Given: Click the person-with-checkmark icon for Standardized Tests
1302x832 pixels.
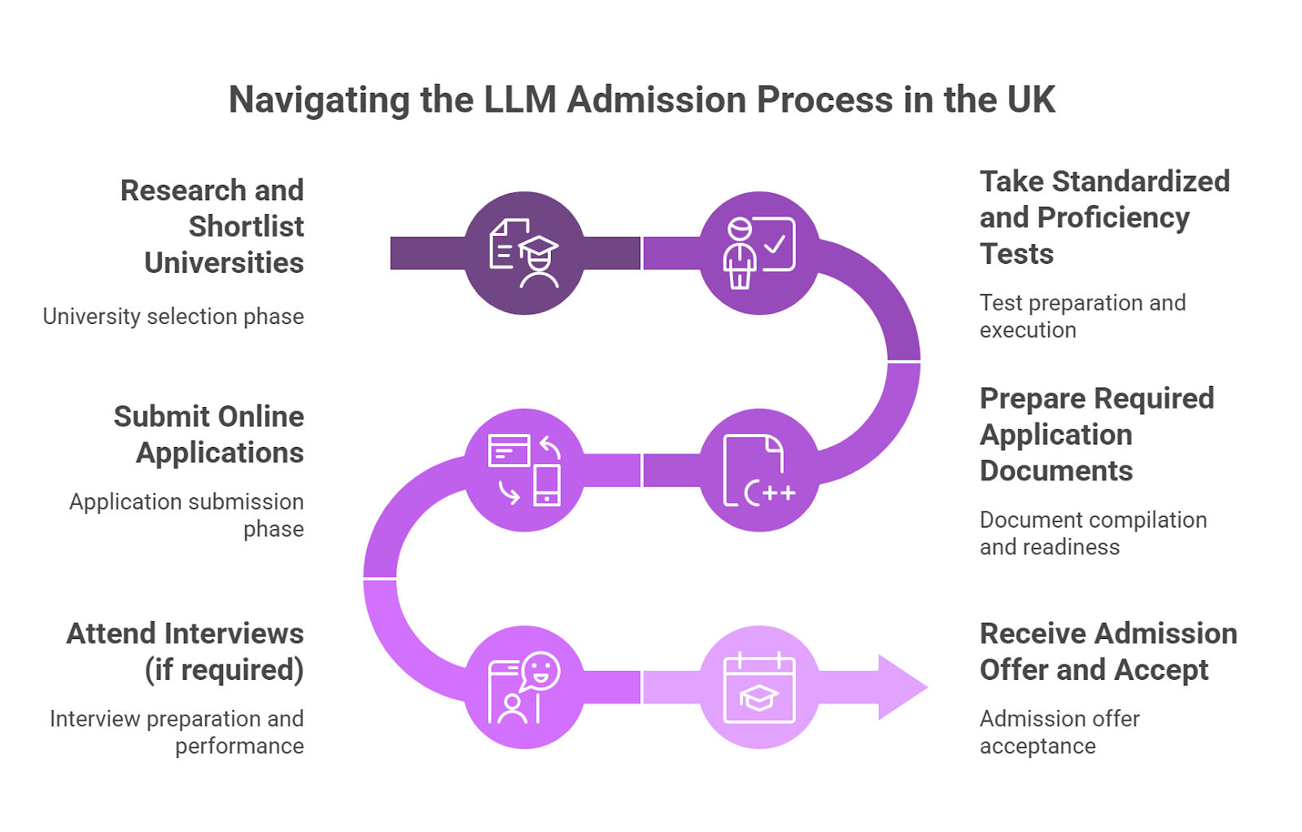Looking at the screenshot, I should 758,252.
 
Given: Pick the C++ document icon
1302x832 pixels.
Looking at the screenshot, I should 758,471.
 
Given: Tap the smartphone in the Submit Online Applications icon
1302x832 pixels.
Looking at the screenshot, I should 547,484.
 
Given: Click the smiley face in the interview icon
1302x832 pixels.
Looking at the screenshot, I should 540,672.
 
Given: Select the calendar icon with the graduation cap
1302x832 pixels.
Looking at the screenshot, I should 758,688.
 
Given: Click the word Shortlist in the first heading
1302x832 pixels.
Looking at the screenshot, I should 246,226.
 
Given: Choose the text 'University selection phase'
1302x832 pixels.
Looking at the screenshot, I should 173,316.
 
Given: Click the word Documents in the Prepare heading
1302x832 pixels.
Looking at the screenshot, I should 1055,471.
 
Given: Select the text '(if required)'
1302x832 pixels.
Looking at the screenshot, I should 224,669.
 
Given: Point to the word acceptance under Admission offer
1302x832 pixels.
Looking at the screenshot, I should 1037,746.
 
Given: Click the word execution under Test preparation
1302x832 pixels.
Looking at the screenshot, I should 1027,330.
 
